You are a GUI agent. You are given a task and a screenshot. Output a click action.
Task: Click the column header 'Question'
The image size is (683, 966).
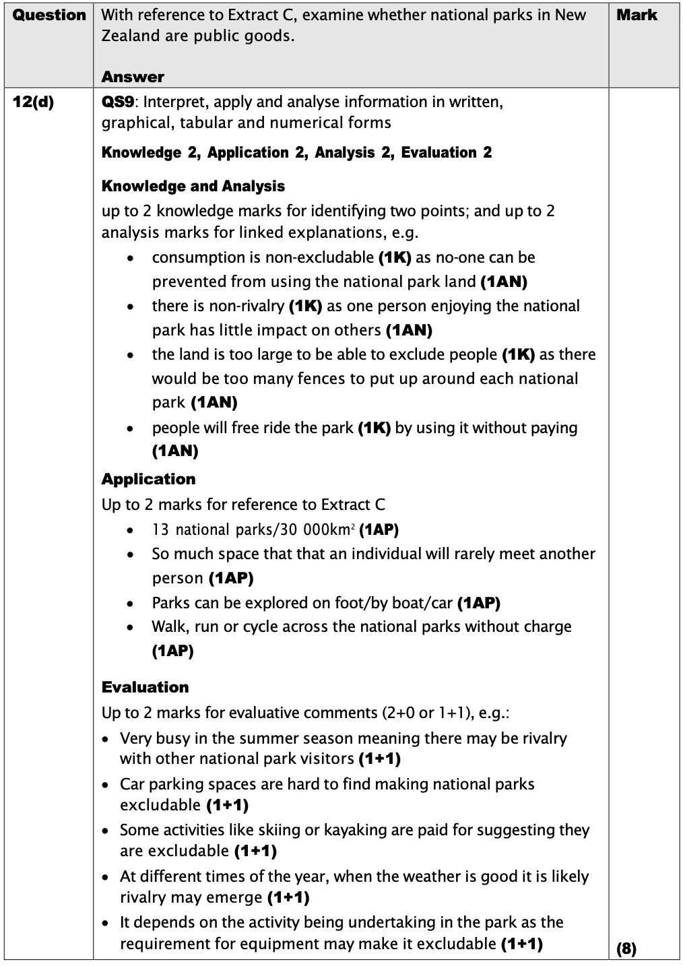pos(49,15)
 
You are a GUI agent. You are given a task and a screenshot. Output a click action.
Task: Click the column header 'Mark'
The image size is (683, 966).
pos(637,15)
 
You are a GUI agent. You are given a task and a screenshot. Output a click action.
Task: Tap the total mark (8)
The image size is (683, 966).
pos(626,949)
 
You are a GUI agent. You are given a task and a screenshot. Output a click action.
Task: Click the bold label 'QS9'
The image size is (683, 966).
pos(120,102)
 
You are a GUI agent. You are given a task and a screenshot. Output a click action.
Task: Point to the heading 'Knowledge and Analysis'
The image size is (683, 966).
pos(193,186)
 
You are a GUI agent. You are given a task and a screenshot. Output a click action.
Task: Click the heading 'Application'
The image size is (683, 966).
pos(148,479)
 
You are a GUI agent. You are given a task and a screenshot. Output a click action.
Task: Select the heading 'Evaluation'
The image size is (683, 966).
pos(145,687)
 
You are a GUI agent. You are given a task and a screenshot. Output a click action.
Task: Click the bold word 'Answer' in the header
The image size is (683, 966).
pos(133,77)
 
